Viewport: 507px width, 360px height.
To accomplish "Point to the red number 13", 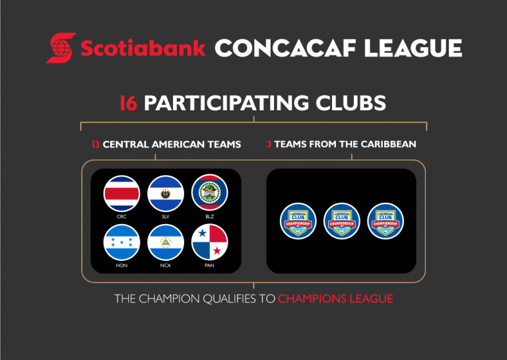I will (96, 143).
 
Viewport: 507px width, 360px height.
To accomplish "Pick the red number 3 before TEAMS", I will (269, 143).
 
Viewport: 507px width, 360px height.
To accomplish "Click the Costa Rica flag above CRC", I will (121, 194).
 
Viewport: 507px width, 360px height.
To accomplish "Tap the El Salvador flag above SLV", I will (166, 194).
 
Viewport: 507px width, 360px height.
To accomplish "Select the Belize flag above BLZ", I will (209, 194).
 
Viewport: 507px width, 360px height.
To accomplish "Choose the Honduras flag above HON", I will (121, 242).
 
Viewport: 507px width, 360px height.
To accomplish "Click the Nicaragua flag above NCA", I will (166, 242).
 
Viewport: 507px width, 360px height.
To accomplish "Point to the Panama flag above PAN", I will (209, 242).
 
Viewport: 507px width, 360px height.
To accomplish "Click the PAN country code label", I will (209, 265).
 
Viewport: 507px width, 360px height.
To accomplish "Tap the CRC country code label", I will (121, 216).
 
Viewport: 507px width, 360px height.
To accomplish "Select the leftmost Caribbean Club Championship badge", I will (298, 221).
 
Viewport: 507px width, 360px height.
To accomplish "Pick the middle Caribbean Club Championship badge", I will (342, 221).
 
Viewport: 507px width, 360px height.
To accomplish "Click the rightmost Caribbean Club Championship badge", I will (386, 221).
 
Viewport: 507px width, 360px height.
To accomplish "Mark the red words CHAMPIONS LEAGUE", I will (335, 299).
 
